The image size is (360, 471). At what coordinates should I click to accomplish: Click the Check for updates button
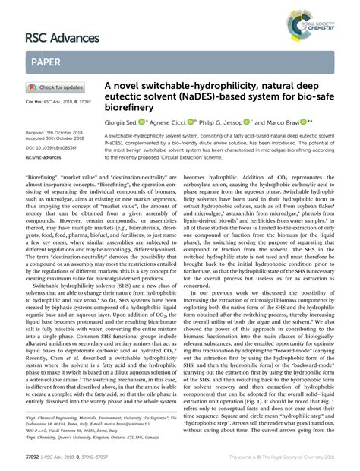57,87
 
